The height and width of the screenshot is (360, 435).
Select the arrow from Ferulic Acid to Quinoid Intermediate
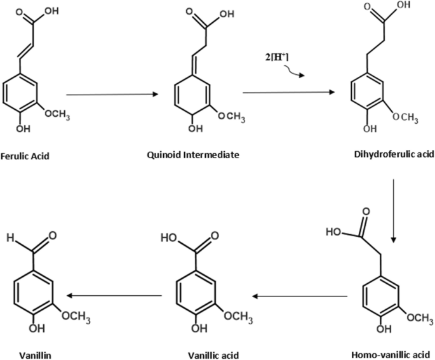tap(112, 95)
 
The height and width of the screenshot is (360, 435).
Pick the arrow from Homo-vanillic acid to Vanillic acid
tap(299, 296)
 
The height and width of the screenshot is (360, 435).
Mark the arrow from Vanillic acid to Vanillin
tap(114, 296)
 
